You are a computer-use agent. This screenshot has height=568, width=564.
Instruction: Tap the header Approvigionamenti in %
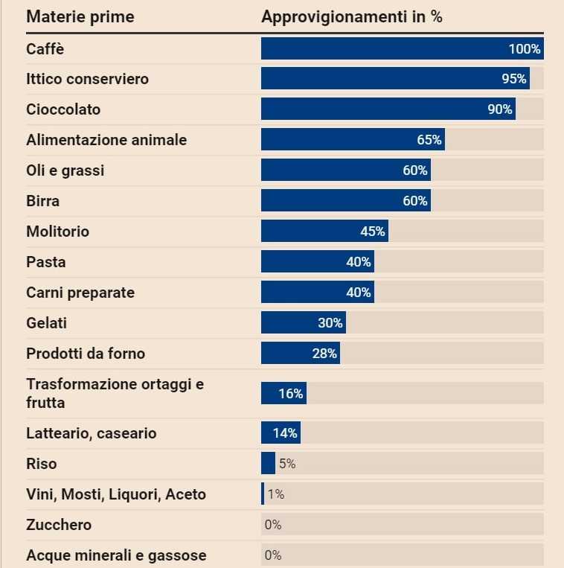[x=351, y=16]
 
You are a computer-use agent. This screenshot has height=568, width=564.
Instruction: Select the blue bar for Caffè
[x=402, y=48]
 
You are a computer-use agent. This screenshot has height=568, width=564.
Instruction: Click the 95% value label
[x=514, y=79]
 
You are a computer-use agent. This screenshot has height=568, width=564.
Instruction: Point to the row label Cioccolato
[x=63, y=109]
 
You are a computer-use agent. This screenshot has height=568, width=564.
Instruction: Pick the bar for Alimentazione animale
[x=353, y=140]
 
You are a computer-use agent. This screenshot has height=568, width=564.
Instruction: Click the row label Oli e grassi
[x=65, y=170]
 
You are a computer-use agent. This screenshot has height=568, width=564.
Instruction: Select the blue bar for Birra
[x=345, y=201]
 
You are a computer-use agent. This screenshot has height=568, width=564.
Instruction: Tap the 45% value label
[x=372, y=232]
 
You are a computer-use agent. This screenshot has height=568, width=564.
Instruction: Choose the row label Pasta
[x=46, y=262]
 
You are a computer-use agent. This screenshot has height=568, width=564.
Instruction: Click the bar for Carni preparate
[x=317, y=293]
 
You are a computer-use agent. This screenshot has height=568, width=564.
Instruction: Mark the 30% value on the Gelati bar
[x=330, y=323]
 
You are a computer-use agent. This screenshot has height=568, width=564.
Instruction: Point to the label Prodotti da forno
[x=86, y=354]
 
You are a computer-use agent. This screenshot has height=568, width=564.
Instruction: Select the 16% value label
[x=291, y=394]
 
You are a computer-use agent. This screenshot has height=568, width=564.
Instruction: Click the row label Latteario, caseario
[x=92, y=433]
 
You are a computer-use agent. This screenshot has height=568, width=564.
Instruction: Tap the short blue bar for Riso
[x=268, y=464]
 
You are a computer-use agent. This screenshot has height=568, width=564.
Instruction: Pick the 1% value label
[x=275, y=494]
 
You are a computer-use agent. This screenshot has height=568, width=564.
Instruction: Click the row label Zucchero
[x=59, y=525]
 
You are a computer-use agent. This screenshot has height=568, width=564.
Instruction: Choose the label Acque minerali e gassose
[x=116, y=555]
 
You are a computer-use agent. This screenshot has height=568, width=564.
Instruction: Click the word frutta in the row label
[x=45, y=403]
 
